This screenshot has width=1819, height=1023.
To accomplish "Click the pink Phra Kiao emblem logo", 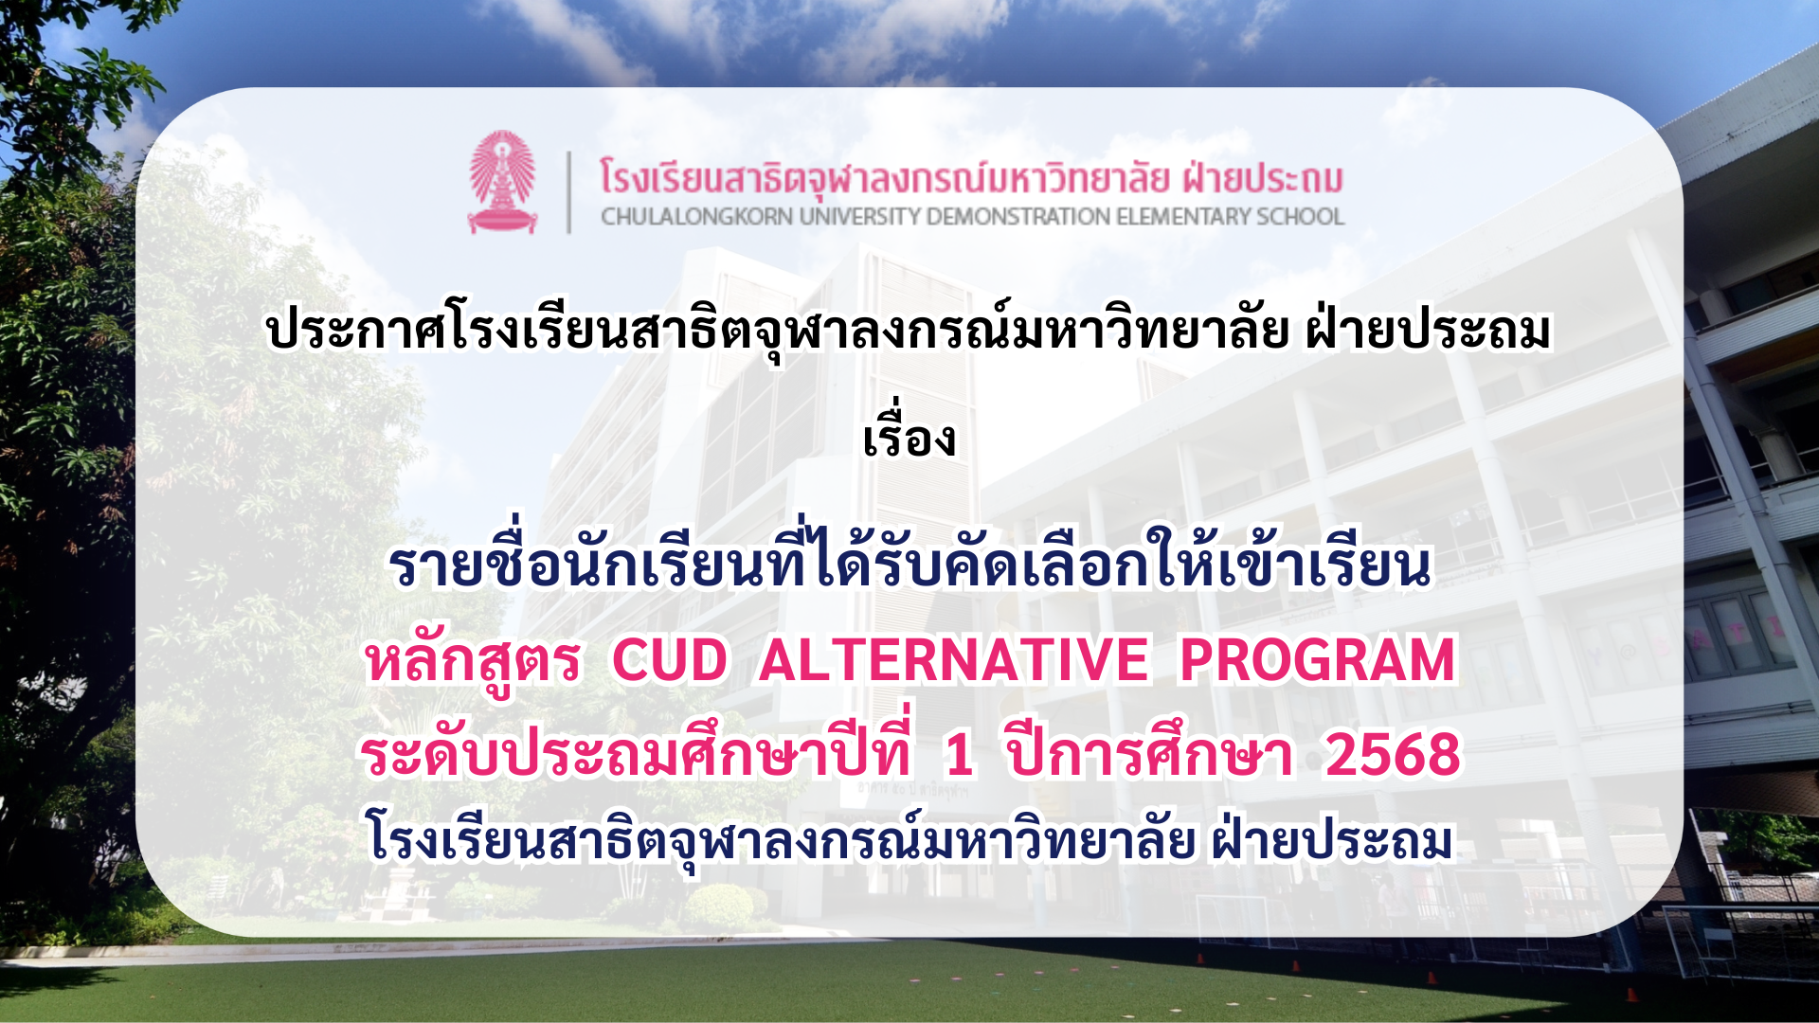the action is click(502, 182).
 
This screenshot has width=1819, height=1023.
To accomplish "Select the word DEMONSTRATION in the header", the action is click(1018, 217).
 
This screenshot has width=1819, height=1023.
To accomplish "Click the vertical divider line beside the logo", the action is click(568, 192).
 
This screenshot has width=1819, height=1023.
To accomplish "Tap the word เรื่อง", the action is click(909, 436).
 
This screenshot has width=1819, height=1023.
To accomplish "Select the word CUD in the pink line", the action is click(670, 660).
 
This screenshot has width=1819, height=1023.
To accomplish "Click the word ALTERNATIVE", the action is click(953, 660).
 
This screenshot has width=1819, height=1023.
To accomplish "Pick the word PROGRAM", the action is click(1317, 660).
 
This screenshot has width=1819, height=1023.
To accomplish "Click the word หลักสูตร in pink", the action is click(473, 660).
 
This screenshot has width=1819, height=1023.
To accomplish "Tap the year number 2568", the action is click(1393, 755).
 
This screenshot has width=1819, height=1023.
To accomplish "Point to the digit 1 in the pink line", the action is click(959, 755).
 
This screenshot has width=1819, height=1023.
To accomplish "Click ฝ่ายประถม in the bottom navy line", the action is click(1331, 837).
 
